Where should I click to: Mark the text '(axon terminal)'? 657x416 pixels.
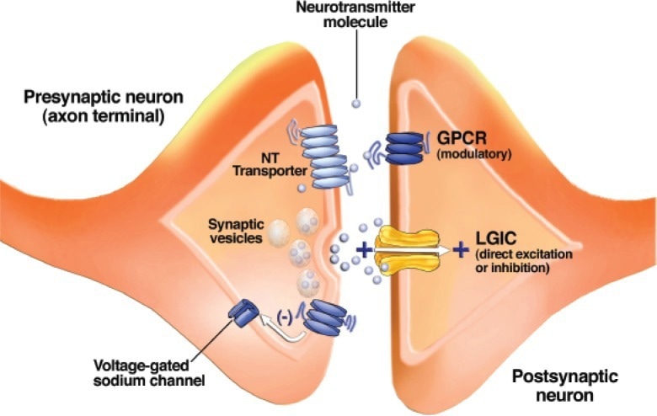tap(93, 116)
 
